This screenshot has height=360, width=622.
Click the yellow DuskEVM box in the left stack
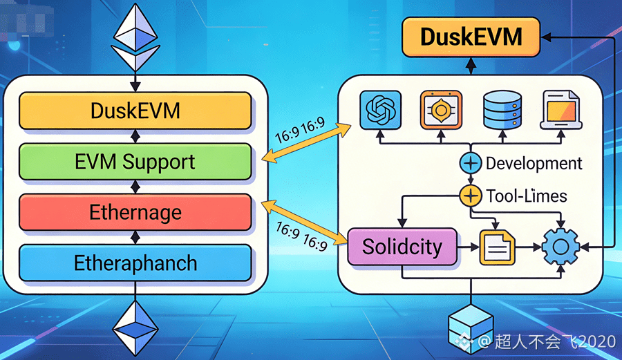coord(135,110)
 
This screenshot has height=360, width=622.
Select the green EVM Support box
coord(135,162)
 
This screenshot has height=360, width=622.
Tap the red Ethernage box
coord(135,212)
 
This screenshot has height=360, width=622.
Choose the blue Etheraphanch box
coord(135,263)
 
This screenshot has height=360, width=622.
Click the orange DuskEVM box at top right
coord(471,37)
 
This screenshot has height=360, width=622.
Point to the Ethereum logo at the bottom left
coord(135,325)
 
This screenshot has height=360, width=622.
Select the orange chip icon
coord(440,110)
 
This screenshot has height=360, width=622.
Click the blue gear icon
coord(561,247)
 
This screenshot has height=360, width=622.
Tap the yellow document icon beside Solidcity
coord(497,247)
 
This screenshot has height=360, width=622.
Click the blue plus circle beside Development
coord(470,164)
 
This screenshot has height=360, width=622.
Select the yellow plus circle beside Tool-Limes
coord(470,196)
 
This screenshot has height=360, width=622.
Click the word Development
coord(534,164)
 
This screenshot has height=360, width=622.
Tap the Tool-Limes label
coord(527,196)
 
